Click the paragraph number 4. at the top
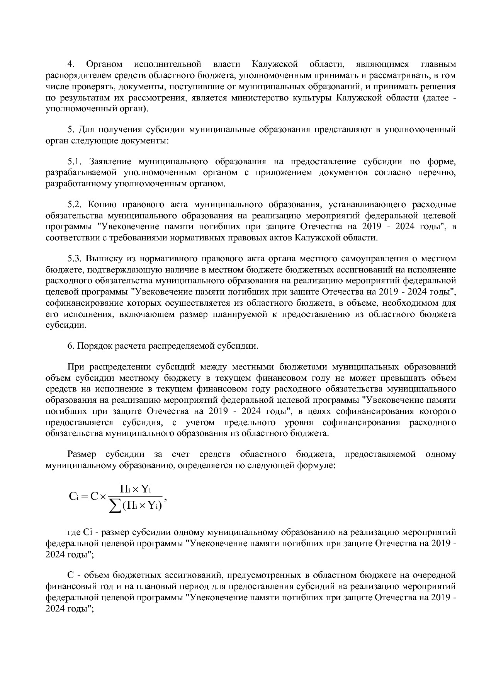[70, 64]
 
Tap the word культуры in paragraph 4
[313, 97]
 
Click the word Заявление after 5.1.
[110, 161]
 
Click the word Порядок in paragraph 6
[94, 346]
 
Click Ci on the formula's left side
[73, 497]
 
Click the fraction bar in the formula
[135, 497]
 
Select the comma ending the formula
[165, 499]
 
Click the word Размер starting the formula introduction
[82, 454]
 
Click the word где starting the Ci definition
[73, 533]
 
